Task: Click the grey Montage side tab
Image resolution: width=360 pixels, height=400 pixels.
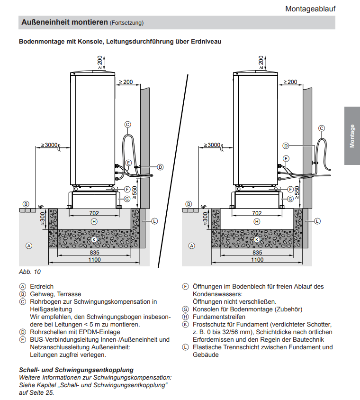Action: pyautogui.click(x=352, y=136)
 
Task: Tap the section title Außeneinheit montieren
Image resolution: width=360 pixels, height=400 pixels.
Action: pyautogui.click(x=64, y=22)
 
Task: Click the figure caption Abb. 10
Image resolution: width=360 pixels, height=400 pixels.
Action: pyautogui.click(x=29, y=272)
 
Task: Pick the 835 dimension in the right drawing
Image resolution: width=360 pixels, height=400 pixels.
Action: pyautogui.click(x=257, y=253)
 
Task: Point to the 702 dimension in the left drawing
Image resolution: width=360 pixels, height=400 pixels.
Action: pyautogui.click(x=94, y=213)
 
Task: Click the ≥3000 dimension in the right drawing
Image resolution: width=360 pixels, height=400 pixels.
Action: pyautogui.click(x=212, y=145)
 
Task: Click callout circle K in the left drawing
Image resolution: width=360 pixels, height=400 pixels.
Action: pyautogui.click(x=94, y=239)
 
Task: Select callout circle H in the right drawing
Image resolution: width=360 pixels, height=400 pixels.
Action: pyautogui.click(x=257, y=221)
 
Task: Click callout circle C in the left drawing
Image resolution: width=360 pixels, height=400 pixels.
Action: pyautogui.click(x=127, y=124)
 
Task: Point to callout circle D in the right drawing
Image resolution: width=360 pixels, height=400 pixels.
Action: pyautogui.click(x=286, y=145)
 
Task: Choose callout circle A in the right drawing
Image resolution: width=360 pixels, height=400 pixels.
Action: pyautogui.click(x=192, y=246)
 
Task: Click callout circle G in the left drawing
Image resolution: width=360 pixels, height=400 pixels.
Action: pyautogui.click(x=126, y=199)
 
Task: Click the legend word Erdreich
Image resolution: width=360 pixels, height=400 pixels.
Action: pyautogui.click(x=42, y=287)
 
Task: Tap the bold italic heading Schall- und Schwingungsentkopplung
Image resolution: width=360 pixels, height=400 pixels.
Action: pyautogui.click(x=76, y=370)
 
